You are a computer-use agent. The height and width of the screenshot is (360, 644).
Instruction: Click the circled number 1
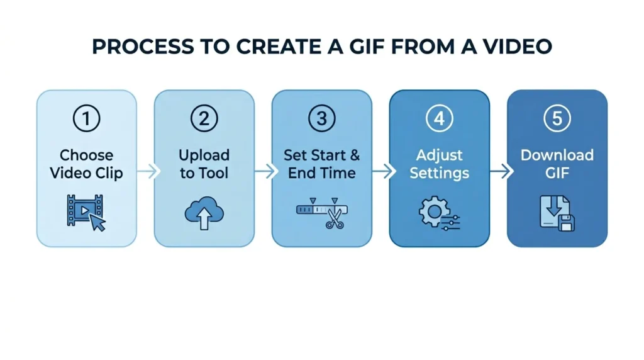(86, 119)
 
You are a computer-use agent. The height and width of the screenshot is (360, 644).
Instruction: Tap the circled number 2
(204, 119)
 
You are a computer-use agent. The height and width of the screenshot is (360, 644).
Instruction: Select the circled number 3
(321, 119)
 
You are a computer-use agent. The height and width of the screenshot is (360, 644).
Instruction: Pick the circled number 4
(439, 119)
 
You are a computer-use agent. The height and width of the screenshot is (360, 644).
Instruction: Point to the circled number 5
(557, 119)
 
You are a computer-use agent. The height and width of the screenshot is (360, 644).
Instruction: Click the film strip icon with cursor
(86, 212)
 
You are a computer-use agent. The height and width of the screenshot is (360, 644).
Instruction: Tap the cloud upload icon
(204, 213)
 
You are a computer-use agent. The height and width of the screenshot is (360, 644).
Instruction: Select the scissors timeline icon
(321, 212)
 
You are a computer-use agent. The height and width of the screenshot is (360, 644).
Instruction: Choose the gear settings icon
(439, 212)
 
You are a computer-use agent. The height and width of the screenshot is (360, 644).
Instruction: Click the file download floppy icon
(557, 212)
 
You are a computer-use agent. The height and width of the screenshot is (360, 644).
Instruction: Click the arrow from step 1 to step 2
(145, 171)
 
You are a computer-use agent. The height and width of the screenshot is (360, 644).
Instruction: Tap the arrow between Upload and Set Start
(263, 171)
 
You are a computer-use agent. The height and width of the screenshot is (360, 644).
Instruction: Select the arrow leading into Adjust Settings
(380, 171)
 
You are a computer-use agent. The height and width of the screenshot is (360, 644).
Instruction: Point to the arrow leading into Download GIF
(498, 171)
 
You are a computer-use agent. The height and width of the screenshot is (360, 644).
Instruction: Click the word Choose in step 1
(86, 155)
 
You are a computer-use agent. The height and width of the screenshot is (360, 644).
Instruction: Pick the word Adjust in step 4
(439, 155)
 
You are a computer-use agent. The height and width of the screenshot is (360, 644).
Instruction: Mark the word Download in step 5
(557, 155)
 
